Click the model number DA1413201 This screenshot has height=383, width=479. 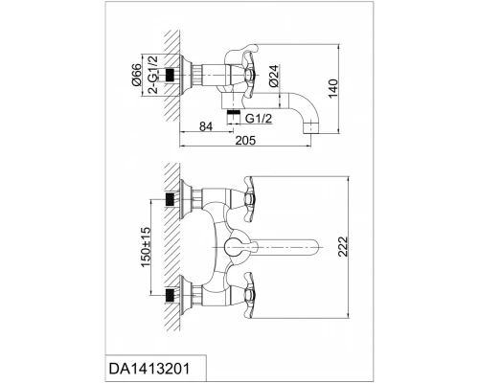(149, 369)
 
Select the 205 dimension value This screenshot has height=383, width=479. (245, 140)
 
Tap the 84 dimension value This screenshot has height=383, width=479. (206, 126)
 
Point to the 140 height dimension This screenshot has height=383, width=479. (332, 89)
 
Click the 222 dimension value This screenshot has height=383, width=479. (342, 246)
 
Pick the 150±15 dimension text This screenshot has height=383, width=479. (146, 247)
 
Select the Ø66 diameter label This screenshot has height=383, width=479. (136, 75)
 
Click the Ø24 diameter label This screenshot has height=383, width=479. (274, 76)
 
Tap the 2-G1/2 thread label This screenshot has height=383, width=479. (153, 74)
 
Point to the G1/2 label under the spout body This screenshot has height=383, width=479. (259, 119)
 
